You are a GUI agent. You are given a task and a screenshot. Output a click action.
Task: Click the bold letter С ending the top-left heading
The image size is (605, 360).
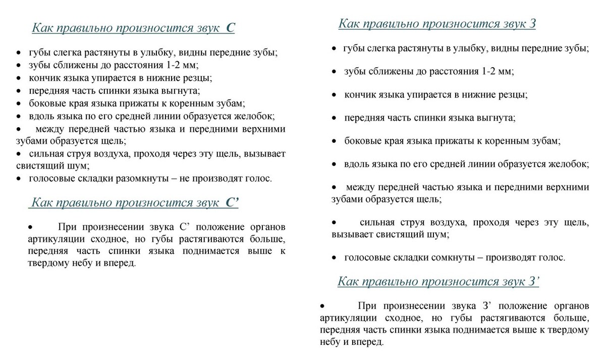tap(230, 28)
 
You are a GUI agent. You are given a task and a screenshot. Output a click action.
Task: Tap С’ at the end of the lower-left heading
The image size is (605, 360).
tap(232, 203)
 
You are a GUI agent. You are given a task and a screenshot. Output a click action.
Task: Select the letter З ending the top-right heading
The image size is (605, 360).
tap(532, 24)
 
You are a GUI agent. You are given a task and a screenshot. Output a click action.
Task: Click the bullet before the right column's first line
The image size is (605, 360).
tap(334, 49)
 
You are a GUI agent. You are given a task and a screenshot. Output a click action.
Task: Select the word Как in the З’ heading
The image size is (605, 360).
tap(349, 282)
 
